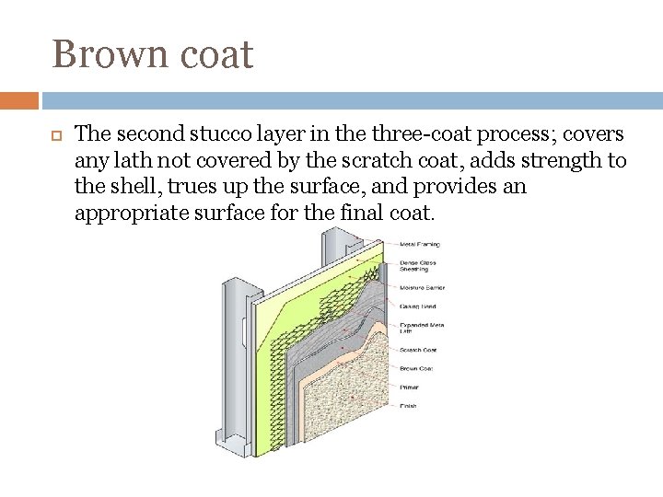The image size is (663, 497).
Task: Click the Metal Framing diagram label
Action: pyautogui.click(x=419, y=245)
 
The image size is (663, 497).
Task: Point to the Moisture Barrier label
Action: pyautogui.click(x=422, y=287)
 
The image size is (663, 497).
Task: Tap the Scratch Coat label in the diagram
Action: pyautogui.click(x=418, y=350)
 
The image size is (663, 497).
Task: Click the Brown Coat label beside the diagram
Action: pyautogui.click(x=416, y=369)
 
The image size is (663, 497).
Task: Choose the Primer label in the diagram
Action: pyautogui.click(x=408, y=387)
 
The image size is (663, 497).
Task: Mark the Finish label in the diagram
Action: pyautogui.click(x=407, y=405)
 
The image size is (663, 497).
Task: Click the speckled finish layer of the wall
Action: pyautogui.click(x=351, y=405)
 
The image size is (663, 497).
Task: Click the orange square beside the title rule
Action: pyautogui.click(x=19, y=100)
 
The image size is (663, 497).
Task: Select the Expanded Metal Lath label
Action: pyautogui.click(x=419, y=329)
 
